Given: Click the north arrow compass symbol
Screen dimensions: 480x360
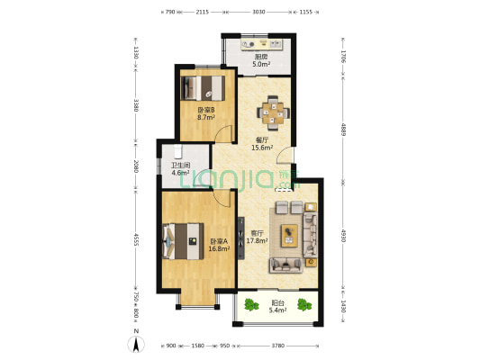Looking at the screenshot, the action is tap(136, 344).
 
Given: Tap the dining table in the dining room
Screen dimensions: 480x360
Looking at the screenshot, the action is tap(273, 113).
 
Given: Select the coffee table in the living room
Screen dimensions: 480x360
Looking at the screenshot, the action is tap(289, 235).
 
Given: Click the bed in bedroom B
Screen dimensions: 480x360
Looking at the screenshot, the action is tap(203, 88).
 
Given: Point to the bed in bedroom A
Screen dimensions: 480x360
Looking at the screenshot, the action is tap(183, 241).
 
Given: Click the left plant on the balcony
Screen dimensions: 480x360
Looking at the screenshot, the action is tap(251, 305).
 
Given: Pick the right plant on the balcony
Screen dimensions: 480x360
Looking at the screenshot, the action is tap(304, 304).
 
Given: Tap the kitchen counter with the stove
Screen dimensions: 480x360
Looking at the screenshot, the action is tap(262, 44).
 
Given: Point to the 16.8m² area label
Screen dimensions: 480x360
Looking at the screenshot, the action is tap(219, 248).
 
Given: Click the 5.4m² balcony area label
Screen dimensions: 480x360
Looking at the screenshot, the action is tap(277, 310).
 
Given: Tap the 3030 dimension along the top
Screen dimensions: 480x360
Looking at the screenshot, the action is tap(258, 12).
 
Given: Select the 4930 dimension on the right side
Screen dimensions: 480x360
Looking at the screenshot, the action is tap(343, 236).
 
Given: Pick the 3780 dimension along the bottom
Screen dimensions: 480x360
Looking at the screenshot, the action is tap(278, 346).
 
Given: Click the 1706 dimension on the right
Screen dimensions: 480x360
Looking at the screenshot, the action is tap(343, 57).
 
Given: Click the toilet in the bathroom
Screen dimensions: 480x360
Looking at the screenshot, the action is tap(177, 150).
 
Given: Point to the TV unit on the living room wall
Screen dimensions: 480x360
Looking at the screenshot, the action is tap(241, 238).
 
